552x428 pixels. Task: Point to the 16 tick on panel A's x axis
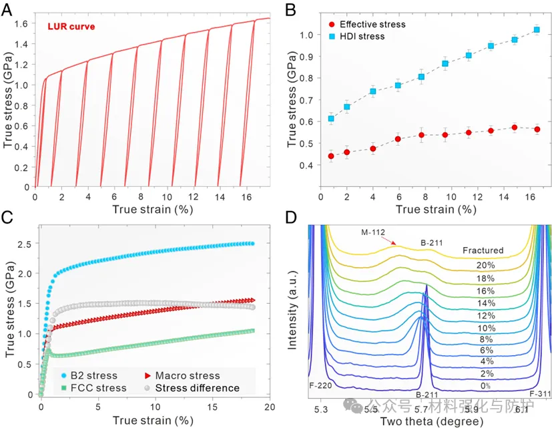(x=246, y=198)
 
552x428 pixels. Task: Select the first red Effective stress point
(x=331, y=156)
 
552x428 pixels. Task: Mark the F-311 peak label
(x=540, y=395)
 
